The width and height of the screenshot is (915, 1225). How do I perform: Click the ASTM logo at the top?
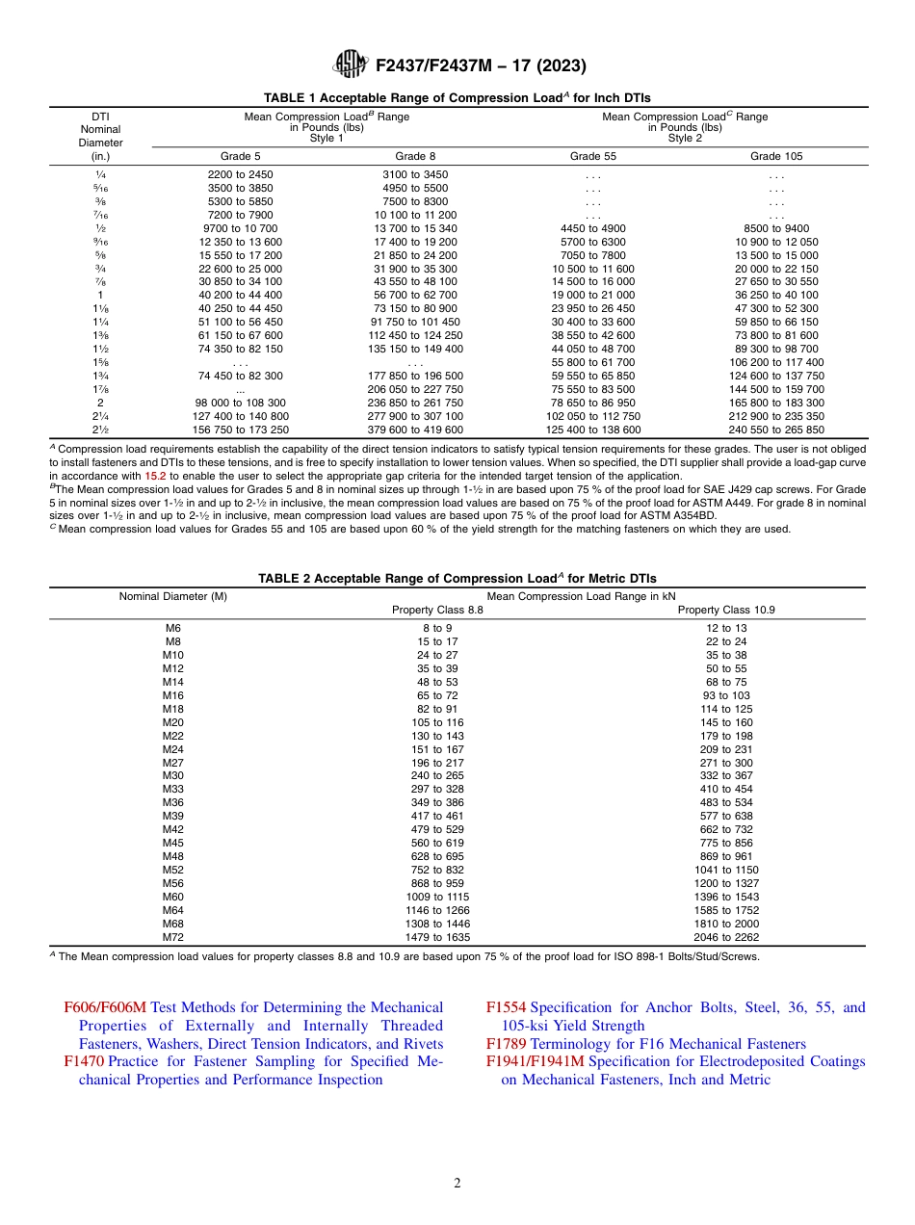click(x=350, y=65)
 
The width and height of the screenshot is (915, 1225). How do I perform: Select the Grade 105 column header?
click(x=776, y=156)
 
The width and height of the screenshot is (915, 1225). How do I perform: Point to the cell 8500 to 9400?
click(x=776, y=228)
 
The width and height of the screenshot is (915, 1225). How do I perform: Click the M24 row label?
click(x=173, y=748)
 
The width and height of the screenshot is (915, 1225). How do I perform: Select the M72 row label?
click(x=173, y=936)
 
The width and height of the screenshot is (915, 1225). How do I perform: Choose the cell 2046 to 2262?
click(x=726, y=936)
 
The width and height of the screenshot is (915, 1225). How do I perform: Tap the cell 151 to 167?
click(x=437, y=748)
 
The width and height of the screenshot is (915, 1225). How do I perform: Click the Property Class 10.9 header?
click(x=726, y=610)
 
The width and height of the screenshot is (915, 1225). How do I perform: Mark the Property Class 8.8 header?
click(x=437, y=610)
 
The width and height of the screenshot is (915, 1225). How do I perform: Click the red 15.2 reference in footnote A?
click(x=155, y=476)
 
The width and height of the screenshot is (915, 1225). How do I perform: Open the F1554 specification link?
click(x=506, y=1007)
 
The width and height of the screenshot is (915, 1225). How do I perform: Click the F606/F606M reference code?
click(x=105, y=1007)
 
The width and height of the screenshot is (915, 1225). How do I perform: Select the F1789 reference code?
click(x=506, y=1044)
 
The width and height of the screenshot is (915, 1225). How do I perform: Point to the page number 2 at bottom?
click(x=457, y=1183)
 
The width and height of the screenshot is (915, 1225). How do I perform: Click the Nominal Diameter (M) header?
click(x=173, y=596)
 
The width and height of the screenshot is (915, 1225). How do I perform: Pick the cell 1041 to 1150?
click(x=726, y=869)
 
